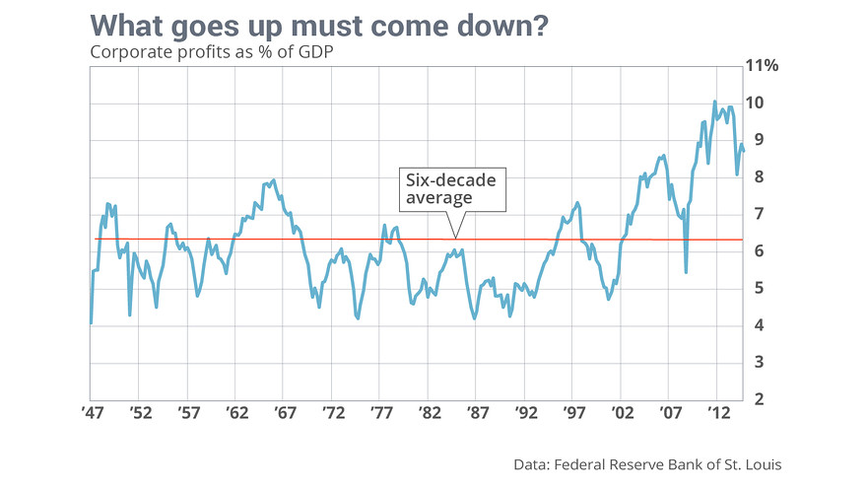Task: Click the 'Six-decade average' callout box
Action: [x=452, y=188]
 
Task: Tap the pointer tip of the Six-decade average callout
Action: [x=454, y=237]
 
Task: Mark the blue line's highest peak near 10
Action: [x=715, y=102]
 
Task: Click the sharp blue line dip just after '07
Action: [x=686, y=272]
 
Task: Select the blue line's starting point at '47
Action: [x=91, y=322]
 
